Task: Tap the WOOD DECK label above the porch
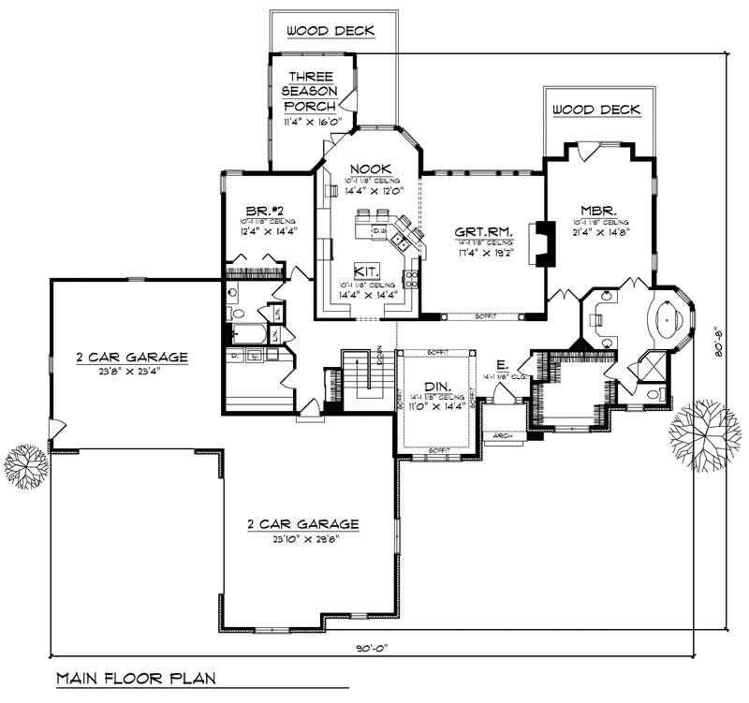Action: (x=330, y=32)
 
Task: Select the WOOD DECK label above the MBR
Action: (x=595, y=110)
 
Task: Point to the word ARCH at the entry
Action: (x=503, y=436)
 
